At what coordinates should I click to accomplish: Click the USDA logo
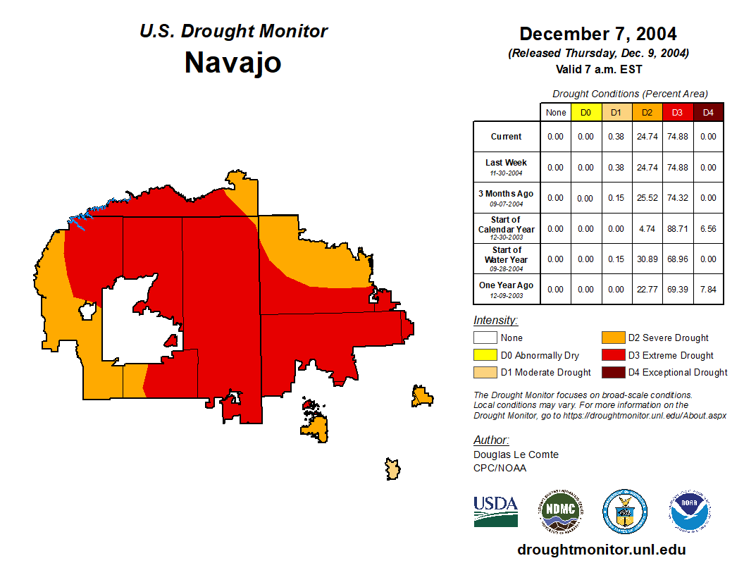pos(495,511)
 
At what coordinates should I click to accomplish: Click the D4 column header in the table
pos(708,112)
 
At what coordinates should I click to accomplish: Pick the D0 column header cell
pos(586,112)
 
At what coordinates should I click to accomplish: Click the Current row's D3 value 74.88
pos(677,137)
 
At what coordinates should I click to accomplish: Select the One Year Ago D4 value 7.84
pos(708,289)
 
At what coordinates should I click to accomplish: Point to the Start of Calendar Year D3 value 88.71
pos(677,228)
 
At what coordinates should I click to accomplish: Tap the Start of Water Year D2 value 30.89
pos(647,259)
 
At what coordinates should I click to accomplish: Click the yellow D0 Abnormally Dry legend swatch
pos(485,355)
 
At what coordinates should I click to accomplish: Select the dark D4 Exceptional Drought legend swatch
pos(613,372)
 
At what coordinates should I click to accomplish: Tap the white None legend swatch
pos(485,338)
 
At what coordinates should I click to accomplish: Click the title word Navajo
pos(232,63)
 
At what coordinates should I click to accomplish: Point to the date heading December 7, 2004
pos(597,34)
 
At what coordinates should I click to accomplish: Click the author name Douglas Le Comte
pos(516,455)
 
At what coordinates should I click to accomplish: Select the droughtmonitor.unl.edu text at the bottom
pos(601,550)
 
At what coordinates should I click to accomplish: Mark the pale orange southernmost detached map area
pos(392,468)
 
